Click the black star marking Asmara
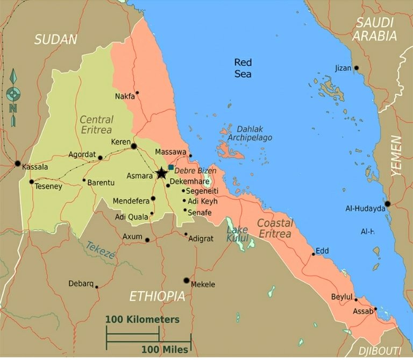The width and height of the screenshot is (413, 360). click(x=161, y=173)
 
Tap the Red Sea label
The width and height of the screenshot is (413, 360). click(x=243, y=68)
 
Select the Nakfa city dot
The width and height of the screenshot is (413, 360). click(x=137, y=93)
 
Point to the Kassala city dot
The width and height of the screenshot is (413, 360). click(x=18, y=163)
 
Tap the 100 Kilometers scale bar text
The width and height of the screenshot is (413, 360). click(x=142, y=319)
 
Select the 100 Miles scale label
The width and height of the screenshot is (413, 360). click(x=165, y=350)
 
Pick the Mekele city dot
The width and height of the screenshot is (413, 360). click(x=187, y=280)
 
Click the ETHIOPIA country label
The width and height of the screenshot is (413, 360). click(x=158, y=296)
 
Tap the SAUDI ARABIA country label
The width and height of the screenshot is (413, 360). click(x=375, y=30)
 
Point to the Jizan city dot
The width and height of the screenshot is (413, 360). click(x=355, y=68)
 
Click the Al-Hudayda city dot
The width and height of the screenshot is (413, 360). click(x=387, y=204)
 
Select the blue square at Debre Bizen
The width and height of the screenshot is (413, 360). click(x=171, y=167)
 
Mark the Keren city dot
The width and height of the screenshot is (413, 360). click(x=134, y=146)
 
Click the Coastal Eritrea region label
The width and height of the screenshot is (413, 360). click(x=274, y=228)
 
